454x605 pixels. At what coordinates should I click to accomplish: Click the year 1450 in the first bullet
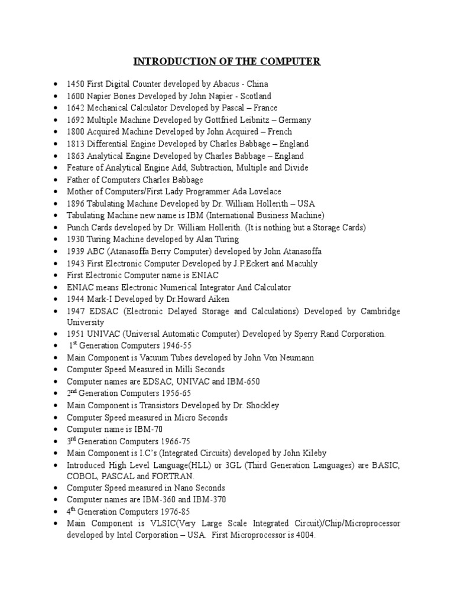pyautogui.click(x=76, y=84)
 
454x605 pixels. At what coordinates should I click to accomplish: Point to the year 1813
pyautogui.click(x=76, y=144)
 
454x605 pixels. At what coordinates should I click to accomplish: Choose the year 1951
pyautogui.click(x=76, y=334)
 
